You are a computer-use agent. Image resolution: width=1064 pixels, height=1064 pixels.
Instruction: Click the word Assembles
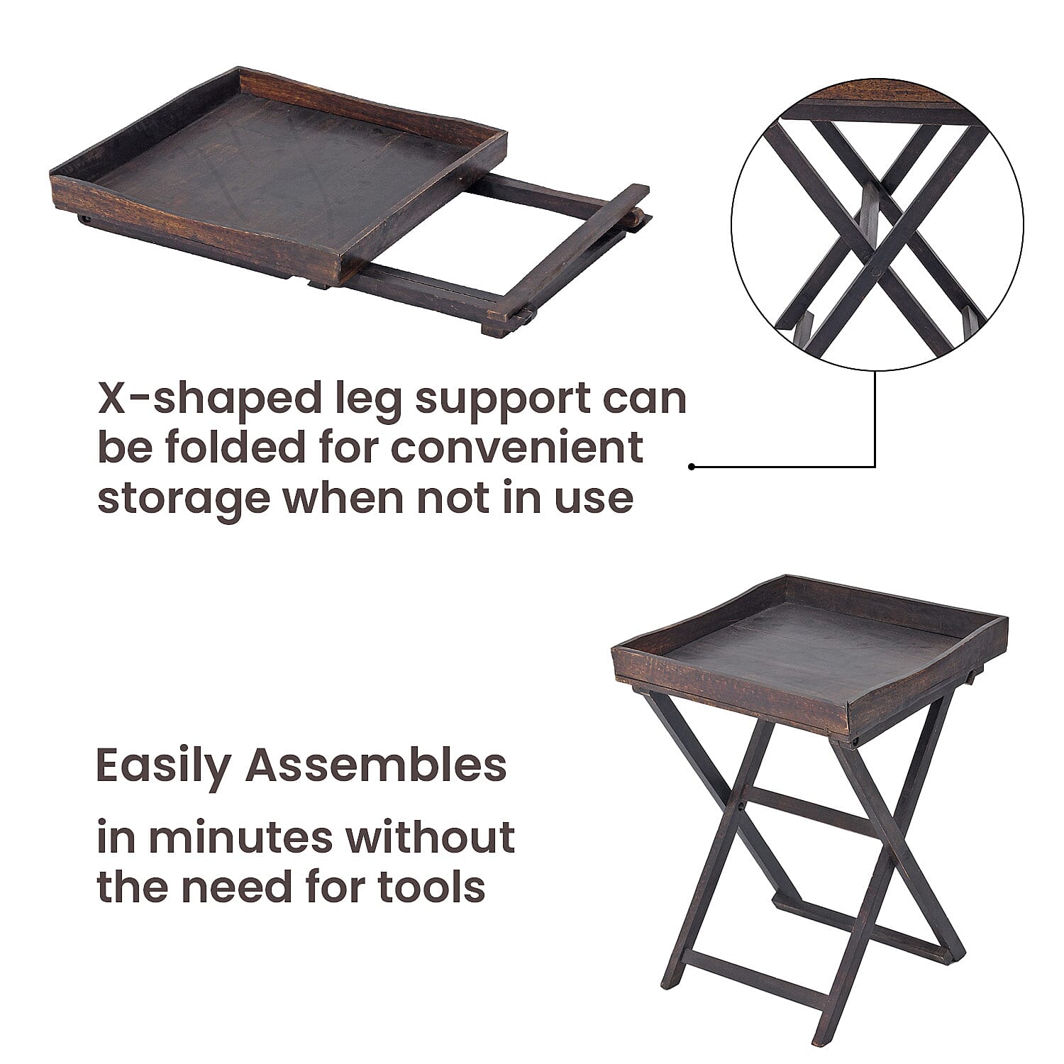pyautogui.click(x=376, y=765)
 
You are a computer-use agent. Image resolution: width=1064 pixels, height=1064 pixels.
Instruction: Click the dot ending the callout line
pyautogui.click(x=692, y=467)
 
